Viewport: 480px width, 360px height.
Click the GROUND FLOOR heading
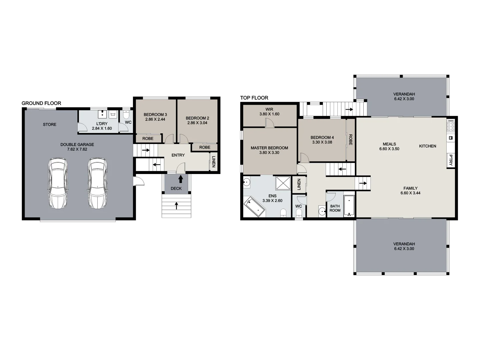click(x=41, y=103)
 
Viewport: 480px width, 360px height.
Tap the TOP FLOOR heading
click(x=254, y=98)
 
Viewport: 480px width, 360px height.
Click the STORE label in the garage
click(x=50, y=125)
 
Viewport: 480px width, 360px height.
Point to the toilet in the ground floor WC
click(x=126, y=115)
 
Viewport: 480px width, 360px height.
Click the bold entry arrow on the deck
click(x=181, y=179)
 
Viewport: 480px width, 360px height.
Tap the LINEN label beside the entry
click(x=214, y=162)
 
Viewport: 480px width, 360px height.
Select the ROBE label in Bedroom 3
click(x=148, y=139)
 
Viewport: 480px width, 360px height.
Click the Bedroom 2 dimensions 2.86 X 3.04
click(x=197, y=123)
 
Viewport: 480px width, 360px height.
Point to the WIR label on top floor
click(x=269, y=109)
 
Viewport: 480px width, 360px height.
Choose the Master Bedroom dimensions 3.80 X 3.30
click(x=269, y=153)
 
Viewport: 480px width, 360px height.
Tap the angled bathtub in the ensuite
click(x=254, y=207)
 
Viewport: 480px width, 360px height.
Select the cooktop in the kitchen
click(x=451, y=126)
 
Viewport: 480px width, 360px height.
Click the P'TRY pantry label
click(x=451, y=160)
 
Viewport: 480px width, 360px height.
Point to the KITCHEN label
click(x=428, y=146)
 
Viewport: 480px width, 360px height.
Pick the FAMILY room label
click(x=410, y=188)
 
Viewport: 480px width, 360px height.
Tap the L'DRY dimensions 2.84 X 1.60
click(x=102, y=129)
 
